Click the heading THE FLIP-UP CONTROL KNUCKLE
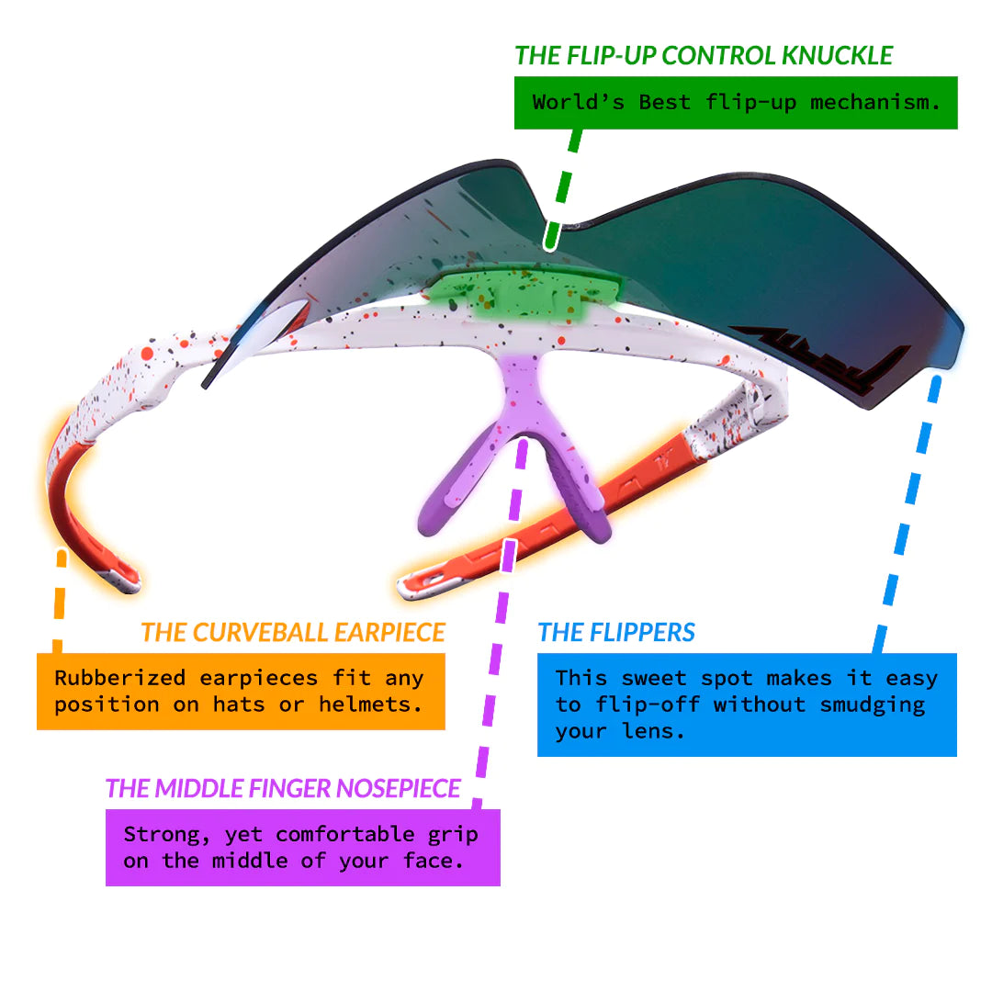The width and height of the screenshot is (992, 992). pos(704,56)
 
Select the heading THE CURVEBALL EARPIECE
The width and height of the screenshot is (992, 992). pos(293,632)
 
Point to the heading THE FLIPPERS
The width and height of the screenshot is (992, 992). pos(616,632)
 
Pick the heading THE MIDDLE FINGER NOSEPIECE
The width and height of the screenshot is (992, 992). pos(283,788)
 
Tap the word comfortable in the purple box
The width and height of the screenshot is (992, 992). pos(344,834)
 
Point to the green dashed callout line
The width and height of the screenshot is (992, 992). pos(563,190)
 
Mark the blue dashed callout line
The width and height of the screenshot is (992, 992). pos(907,513)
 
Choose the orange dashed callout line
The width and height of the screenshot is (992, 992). pos(59,601)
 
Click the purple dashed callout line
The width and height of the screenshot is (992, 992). pos(499,623)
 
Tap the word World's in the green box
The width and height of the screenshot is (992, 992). pos(579,102)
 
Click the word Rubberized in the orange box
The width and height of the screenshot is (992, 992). pos(120,678)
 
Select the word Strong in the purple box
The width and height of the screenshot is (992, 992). pos(166,835)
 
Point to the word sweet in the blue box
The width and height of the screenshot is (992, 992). pos(654,678)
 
